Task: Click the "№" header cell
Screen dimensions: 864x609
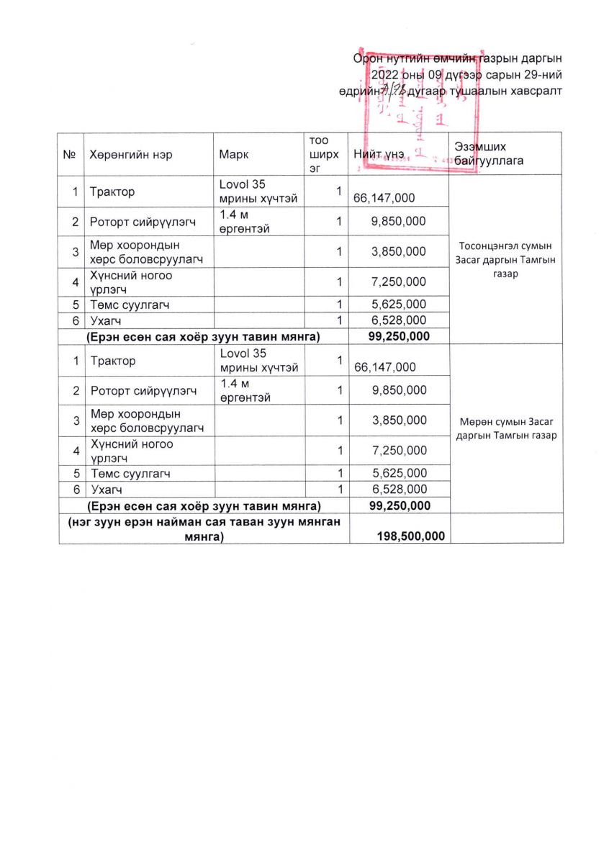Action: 71,154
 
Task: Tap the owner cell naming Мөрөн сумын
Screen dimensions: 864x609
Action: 506,428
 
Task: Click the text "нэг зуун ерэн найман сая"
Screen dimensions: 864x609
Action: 204,521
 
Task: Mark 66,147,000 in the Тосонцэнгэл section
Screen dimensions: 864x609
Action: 383,198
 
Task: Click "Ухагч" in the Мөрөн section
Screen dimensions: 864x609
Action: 106,490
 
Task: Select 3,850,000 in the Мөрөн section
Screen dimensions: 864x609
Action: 399,420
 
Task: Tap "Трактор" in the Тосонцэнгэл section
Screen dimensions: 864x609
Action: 112,192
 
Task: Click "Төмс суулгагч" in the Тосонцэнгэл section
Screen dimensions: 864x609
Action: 130,305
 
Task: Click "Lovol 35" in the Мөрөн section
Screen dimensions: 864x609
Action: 243,354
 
